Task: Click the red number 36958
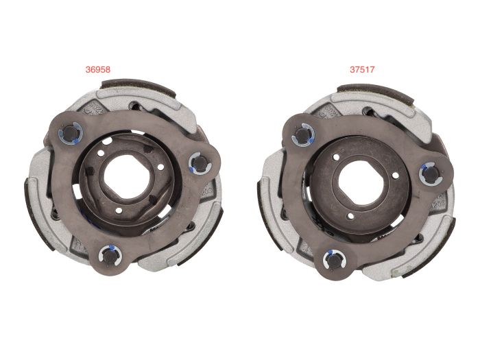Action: (x=98, y=69)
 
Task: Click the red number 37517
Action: (x=362, y=69)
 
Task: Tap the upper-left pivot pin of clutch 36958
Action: (x=70, y=133)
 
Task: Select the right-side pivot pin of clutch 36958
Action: (x=200, y=163)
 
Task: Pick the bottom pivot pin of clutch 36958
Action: (x=108, y=254)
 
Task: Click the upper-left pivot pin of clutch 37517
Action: (x=302, y=134)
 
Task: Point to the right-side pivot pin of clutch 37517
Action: (x=429, y=174)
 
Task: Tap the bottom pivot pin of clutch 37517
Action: (x=334, y=260)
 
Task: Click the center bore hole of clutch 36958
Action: (x=127, y=177)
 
